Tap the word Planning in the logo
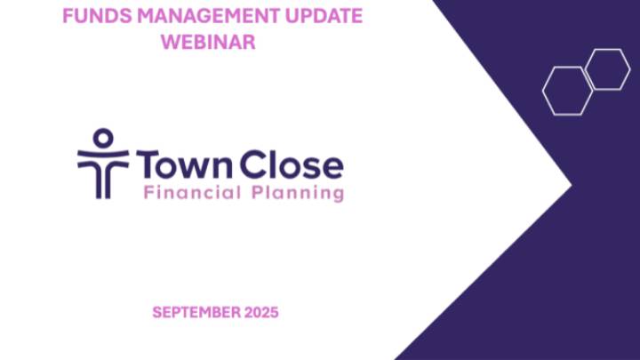pyautogui.click(x=301, y=193)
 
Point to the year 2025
pyautogui.click(x=259, y=312)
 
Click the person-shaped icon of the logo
pyautogui.click(x=103, y=164)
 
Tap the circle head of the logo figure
pyautogui.click(x=103, y=139)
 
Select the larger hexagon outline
pyautogui.click(x=567, y=91)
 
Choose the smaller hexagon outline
pyautogui.click(x=608, y=69)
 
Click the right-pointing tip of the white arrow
pyautogui.click(x=570, y=188)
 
